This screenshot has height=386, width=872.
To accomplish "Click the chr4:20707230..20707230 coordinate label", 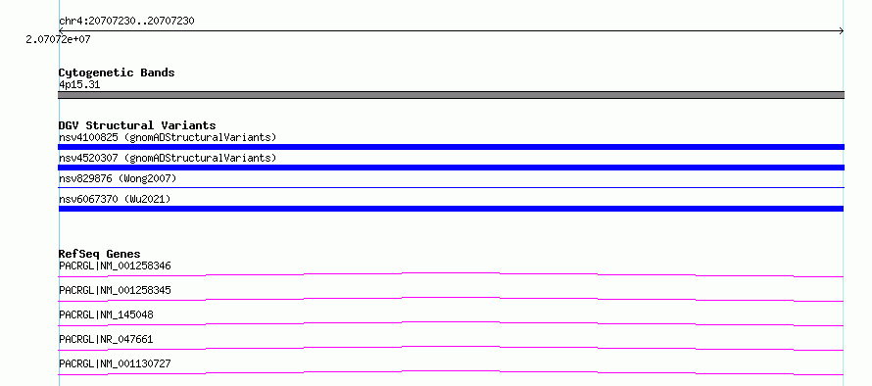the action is click(x=126, y=22).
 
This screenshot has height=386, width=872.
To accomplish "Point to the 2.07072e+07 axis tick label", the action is click(x=58, y=39).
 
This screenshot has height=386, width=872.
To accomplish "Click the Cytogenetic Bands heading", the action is click(x=117, y=72).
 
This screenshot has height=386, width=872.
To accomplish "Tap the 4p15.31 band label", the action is click(x=79, y=85).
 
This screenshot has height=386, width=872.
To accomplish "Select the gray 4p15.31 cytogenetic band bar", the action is click(x=451, y=95).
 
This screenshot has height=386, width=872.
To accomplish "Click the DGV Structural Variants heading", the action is click(x=137, y=125).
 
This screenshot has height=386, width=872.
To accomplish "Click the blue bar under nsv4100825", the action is click(x=451, y=147).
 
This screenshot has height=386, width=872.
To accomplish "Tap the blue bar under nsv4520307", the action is click(x=451, y=168).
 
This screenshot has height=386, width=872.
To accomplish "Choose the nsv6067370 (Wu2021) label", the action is click(x=115, y=199).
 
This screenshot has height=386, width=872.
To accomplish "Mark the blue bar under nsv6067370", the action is click(x=451, y=209).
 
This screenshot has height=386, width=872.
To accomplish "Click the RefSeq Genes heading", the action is click(x=100, y=254).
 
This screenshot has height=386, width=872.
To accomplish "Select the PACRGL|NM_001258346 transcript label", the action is click(x=115, y=265).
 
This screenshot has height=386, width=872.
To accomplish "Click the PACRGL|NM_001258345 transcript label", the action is click(x=115, y=290).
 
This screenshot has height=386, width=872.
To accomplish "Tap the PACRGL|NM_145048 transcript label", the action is click(x=106, y=314).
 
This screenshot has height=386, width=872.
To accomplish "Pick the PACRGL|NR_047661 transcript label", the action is click(x=106, y=339).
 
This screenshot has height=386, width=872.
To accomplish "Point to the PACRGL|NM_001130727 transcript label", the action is click(x=115, y=363).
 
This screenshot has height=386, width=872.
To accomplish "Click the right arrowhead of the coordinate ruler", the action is click(x=843, y=31).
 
